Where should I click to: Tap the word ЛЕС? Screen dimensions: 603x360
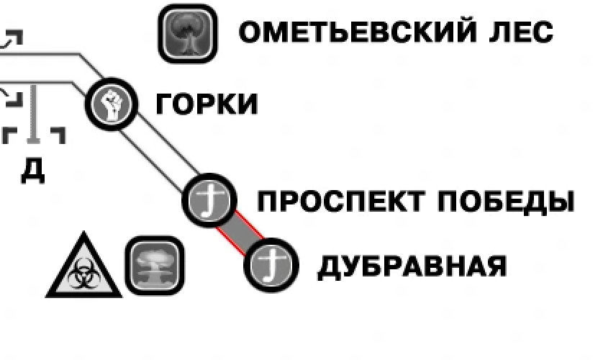[523, 32]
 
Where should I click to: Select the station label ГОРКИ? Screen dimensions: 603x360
[207, 105]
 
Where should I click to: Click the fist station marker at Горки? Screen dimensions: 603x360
[112, 104]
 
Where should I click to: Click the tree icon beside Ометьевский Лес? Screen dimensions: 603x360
[186, 32]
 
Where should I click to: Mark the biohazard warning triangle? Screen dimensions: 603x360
[83, 268]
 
